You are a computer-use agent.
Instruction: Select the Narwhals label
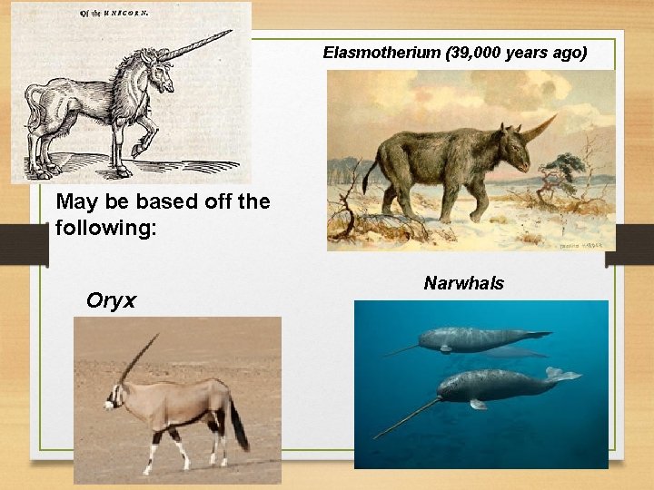point(463,284)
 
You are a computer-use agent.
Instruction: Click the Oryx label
point(111,300)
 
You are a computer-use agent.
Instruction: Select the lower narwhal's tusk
point(405,418)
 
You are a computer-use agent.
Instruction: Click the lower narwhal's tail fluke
point(563,373)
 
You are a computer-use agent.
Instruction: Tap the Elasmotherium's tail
point(370,173)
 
